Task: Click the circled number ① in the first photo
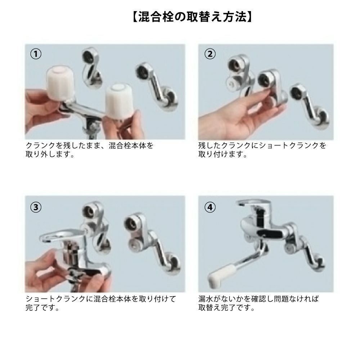pyautogui.click(x=36, y=54)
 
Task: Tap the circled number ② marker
pyautogui.click(x=210, y=54)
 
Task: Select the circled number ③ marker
pyautogui.click(x=36, y=207)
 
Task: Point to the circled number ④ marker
pyautogui.click(x=210, y=207)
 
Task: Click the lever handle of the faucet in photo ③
pyautogui.click(x=61, y=235)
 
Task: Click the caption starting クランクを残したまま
pyautogui.click(x=89, y=150)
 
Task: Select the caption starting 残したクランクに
pyautogui.click(x=262, y=150)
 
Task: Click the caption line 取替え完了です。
pyautogui.click(x=226, y=308)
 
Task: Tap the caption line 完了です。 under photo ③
pyautogui.click(x=42, y=308)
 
